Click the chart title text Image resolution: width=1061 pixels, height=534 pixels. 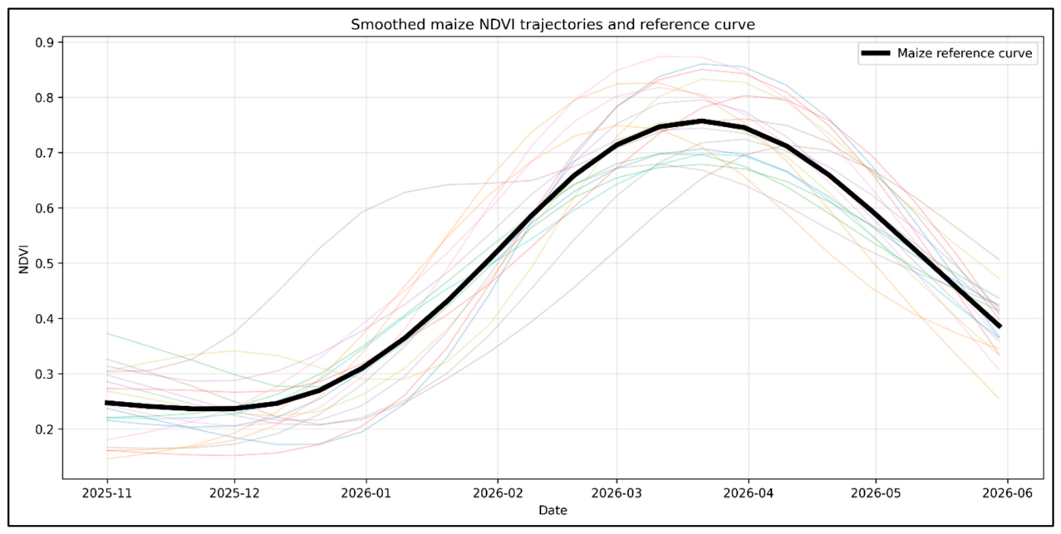(x=553, y=25)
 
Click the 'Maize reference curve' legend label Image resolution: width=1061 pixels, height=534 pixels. (x=965, y=53)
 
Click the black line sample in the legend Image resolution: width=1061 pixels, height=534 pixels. (x=876, y=53)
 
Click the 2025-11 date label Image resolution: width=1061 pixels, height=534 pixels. (x=107, y=493)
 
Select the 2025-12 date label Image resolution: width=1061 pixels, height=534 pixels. (x=234, y=493)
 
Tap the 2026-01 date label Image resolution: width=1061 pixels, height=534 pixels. (x=366, y=493)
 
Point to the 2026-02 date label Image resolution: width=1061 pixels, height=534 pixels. (x=498, y=493)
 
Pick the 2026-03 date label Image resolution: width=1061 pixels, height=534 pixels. (x=616, y=493)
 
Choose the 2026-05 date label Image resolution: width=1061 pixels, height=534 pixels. (x=876, y=493)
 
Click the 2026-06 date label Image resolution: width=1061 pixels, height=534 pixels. (x=1008, y=493)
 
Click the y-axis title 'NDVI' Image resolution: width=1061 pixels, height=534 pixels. (x=24, y=259)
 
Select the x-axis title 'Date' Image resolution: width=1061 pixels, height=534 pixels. (x=553, y=510)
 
